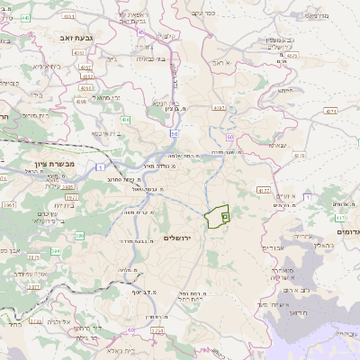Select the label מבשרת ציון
55,166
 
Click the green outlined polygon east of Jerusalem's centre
218,217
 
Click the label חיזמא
285,89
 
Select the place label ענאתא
280,144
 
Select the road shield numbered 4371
330,112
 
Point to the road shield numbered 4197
218,107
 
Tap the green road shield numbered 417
340,218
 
